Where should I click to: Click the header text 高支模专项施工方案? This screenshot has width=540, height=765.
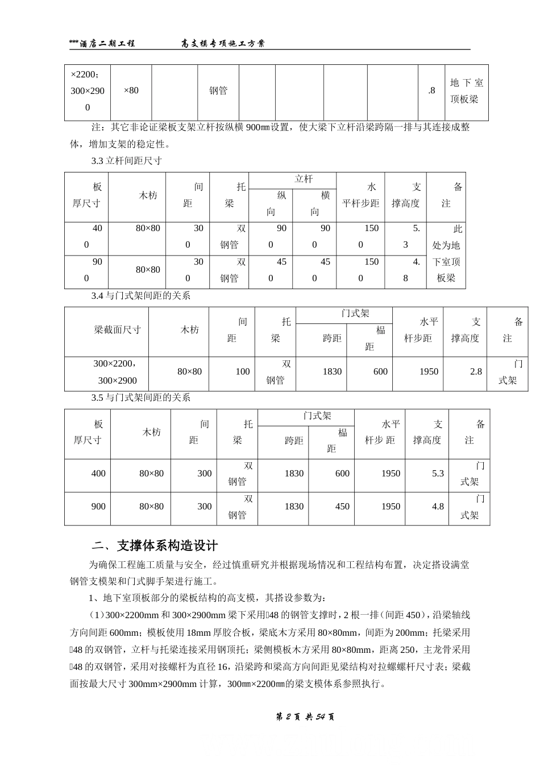223,43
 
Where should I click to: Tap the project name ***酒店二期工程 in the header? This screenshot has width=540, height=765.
102,43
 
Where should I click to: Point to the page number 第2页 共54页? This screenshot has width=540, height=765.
305,717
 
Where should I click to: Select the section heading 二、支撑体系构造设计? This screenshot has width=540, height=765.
155,545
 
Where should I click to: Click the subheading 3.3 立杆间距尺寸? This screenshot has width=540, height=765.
126,161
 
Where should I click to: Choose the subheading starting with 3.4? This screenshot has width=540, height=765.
140,296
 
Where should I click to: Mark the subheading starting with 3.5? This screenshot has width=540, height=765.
140,397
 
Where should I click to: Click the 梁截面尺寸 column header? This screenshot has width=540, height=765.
117,330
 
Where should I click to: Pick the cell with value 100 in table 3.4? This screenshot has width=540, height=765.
242,372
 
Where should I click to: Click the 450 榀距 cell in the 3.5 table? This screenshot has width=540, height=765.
342,507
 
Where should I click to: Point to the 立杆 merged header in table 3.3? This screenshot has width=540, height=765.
304,179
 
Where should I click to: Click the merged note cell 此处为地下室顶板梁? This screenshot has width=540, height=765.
446,254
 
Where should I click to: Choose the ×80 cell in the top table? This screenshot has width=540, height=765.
131,91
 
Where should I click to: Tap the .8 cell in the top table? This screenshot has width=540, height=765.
431,91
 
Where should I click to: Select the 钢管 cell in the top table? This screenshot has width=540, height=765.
218,91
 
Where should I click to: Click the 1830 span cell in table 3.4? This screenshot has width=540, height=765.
332,372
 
